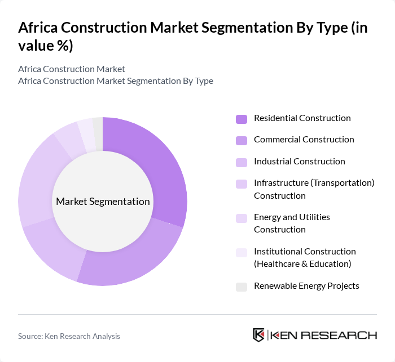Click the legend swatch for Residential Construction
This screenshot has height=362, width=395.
[x=242, y=119]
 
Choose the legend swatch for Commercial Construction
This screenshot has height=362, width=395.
[x=242, y=140]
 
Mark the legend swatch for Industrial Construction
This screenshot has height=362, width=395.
[x=242, y=162]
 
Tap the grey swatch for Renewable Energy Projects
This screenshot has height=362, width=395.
[x=242, y=287]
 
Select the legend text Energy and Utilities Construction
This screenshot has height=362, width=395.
[x=292, y=224]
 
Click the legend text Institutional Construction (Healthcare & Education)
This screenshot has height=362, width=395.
[x=305, y=257]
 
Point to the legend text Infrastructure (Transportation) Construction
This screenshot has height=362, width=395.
[x=314, y=189]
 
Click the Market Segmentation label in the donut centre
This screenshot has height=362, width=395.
[x=103, y=202]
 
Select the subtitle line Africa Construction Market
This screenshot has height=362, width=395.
[x=72, y=69]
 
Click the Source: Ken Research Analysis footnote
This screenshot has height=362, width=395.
[x=69, y=336]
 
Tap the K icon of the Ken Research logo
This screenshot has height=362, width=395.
[x=259, y=335]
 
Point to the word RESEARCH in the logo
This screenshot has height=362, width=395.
[x=344, y=335]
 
